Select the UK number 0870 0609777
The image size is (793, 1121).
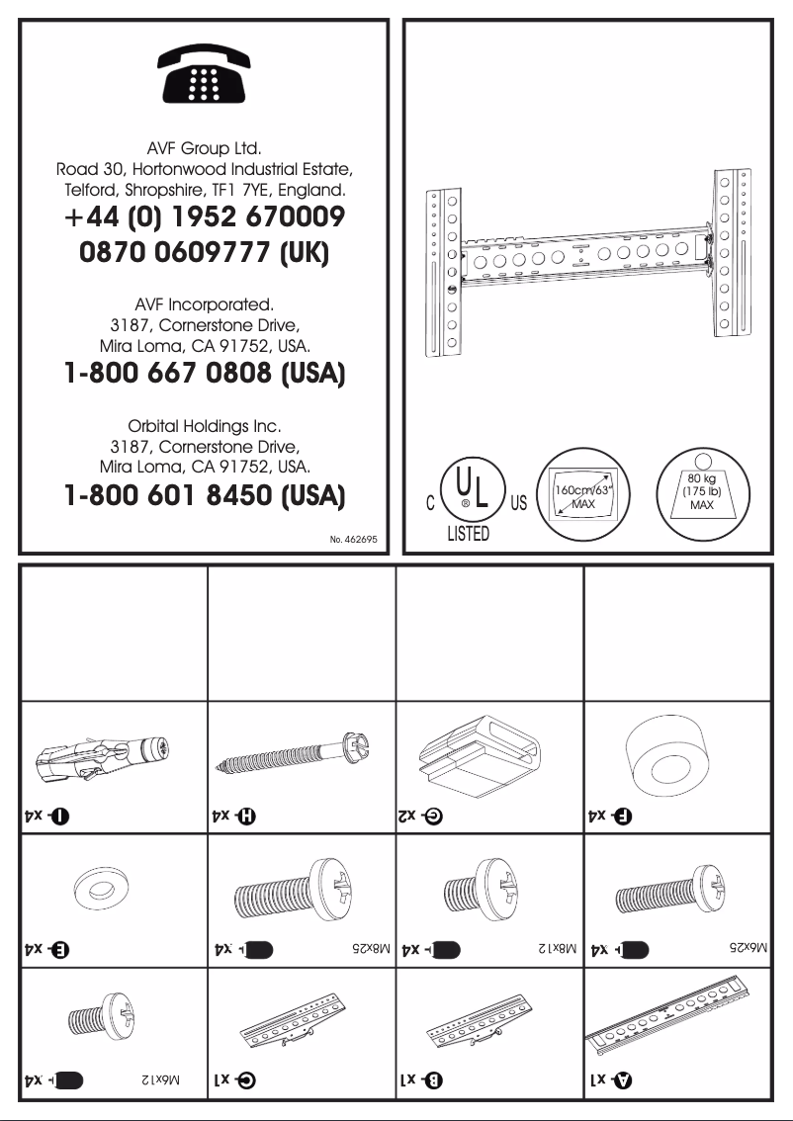[x=204, y=254]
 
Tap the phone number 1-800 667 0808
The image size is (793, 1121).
[x=204, y=376]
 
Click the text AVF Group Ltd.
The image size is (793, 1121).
[x=204, y=149]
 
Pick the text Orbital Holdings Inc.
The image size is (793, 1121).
[x=204, y=427]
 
